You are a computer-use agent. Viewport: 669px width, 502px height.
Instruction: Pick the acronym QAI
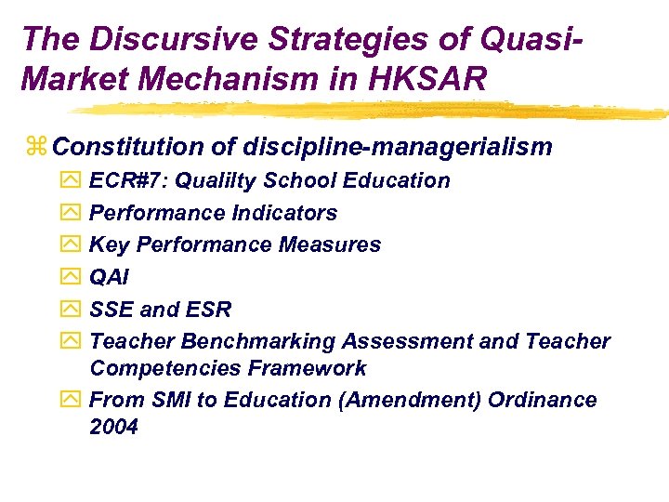(x=109, y=277)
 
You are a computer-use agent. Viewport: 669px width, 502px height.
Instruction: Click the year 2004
(x=113, y=427)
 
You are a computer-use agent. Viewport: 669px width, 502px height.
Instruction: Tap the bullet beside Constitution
(x=37, y=147)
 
